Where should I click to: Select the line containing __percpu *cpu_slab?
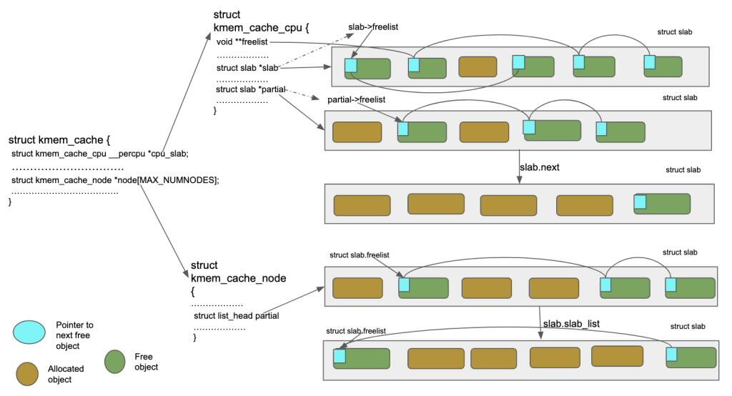click(100, 154)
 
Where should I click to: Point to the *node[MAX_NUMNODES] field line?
click(115, 180)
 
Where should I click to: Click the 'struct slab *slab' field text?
click(247, 68)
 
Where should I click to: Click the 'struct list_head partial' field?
click(236, 315)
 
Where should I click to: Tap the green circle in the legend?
click(117, 362)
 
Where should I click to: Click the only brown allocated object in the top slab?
click(477, 67)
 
